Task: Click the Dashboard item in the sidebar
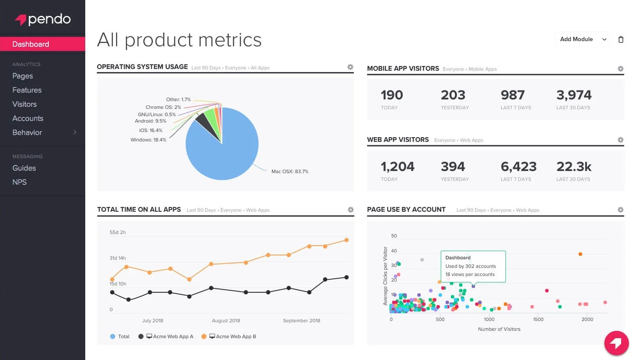(31, 44)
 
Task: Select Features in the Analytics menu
(27, 90)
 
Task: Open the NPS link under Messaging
(19, 182)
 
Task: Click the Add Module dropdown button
(583, 39)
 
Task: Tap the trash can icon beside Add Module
(621, 39)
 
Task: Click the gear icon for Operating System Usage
(350, 67)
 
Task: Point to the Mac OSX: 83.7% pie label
(290, 171)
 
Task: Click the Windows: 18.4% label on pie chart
(148, 140)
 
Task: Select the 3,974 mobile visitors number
(574, 95)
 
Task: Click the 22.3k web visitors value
(574, 166)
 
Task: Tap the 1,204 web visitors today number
(397, 166)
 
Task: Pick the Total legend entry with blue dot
(120, 336)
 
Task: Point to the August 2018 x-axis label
(226, 321)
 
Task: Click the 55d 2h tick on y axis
(117, 232)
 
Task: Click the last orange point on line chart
(347, 240)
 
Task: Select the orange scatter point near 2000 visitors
(580, 254)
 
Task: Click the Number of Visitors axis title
(499, 329)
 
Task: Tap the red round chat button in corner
(616, 343)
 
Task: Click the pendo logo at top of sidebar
(43, 19)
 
